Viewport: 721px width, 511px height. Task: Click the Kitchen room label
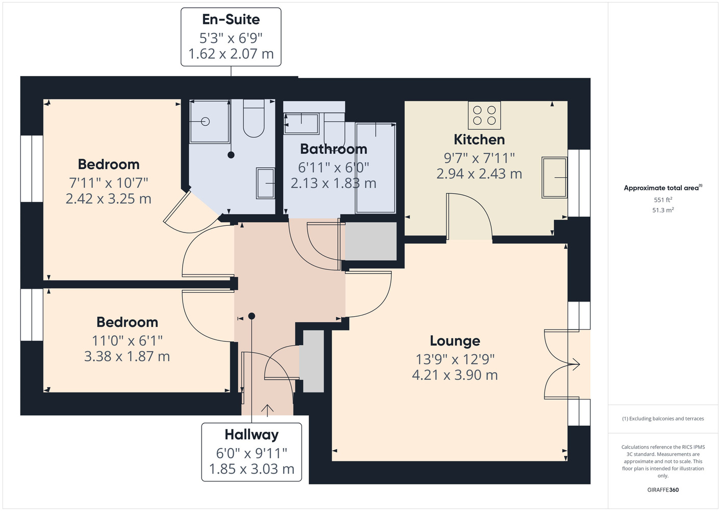479,140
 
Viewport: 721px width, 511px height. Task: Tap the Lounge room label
455,341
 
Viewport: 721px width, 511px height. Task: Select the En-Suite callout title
231,19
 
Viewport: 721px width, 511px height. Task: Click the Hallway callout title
252,435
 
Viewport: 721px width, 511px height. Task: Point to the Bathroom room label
334,149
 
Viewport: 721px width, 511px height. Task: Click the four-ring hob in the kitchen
484,115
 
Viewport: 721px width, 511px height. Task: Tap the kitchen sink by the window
554,177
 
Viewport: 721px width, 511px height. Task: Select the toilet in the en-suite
254,119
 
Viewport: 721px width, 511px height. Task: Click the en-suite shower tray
209,121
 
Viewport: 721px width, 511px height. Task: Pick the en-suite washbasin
265,183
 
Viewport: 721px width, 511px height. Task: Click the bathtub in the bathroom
376,168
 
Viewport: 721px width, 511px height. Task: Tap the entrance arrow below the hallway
267,410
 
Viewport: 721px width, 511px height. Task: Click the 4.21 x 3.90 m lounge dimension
455,375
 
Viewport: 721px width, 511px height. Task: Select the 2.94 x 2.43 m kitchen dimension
479,174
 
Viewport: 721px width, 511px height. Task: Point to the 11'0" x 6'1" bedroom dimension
127,341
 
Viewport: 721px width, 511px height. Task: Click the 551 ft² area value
663,200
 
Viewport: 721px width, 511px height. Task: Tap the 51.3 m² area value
663,210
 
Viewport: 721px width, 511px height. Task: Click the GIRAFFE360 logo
663,490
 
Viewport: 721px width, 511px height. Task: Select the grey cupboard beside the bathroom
371,241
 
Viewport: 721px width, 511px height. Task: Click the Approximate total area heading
663,188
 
